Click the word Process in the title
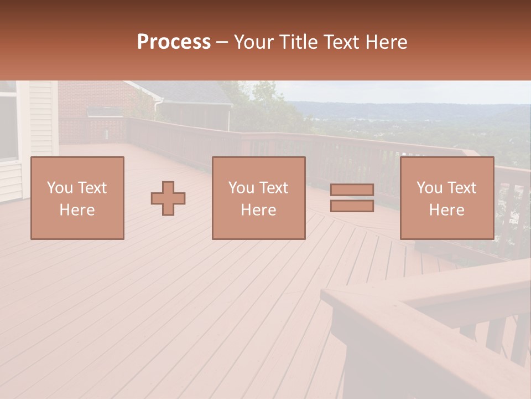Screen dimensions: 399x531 (174, 42)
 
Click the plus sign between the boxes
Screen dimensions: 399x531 (168, 198)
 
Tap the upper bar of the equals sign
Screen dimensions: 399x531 (352, 190)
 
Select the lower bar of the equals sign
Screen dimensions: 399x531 (352, 206)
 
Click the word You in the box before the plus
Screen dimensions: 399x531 (59, 188)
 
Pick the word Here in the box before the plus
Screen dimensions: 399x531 (77, 210)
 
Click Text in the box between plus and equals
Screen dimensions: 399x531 (274, 188)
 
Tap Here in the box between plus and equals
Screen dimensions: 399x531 (258, 210)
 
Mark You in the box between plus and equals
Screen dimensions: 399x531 (241, 188)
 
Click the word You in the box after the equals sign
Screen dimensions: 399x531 (429, 188)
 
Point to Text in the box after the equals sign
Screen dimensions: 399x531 (462, 188)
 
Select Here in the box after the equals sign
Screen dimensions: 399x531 (446, 210)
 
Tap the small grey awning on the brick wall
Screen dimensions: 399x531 (105, 111)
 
